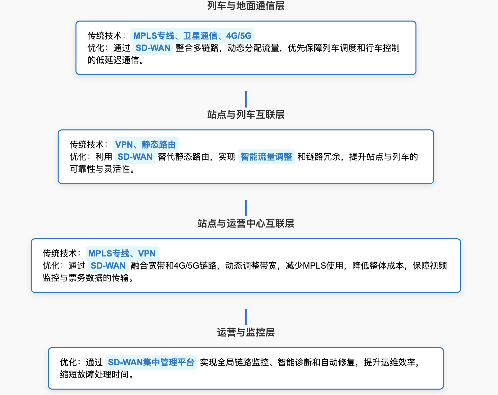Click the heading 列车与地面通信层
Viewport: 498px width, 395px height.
click(246, 6)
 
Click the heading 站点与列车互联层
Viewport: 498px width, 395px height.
click(246, 115)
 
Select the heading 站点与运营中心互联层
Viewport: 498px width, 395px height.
click(246, 223)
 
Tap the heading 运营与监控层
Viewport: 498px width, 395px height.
click(246, 332)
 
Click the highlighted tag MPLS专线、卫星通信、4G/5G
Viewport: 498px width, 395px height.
click(192, 36)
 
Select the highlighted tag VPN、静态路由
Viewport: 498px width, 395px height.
click(146, 145)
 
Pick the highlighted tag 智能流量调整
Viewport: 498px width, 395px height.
click(266, 157)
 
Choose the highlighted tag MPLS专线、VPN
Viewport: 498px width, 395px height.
click(122, 253)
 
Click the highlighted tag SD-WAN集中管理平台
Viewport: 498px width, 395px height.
click(151, 362)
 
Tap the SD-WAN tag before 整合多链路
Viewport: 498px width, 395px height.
click(153, 48)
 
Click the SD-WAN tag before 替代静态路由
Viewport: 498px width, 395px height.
click(135, 157)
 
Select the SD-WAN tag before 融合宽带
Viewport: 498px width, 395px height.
click(108, 266)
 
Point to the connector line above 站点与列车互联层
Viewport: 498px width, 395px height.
click(246, 99)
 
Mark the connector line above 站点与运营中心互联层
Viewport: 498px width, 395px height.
click(246, 208)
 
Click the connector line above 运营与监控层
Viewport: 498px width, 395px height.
click(246, 317)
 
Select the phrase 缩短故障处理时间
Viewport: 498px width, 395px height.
click(96, 374)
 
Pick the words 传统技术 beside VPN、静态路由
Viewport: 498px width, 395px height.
click(87, 145)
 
